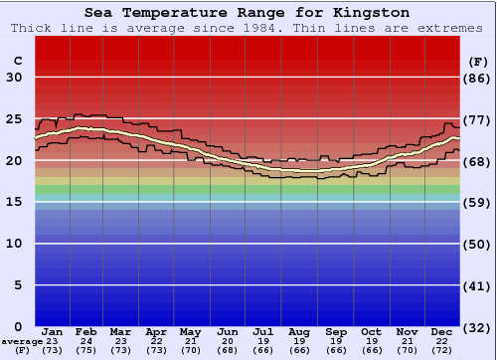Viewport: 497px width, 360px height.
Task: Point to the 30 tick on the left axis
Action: [14, 78]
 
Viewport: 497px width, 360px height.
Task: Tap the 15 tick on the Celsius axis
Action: [14, 202]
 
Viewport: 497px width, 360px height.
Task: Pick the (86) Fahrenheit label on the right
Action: [478, 78]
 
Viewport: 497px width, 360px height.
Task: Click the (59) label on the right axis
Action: [478, 202]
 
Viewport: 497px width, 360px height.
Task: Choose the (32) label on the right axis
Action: [478, 327]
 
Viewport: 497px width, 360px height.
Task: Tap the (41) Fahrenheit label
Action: [478, 285]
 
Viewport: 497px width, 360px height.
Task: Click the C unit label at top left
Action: [17, 60]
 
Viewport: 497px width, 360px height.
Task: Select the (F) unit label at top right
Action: [478, 60]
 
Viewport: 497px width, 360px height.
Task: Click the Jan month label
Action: [54, 331]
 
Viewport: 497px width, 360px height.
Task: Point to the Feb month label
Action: [87, 331]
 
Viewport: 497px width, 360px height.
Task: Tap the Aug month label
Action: [299, 331]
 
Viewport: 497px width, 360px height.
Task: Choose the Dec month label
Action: [442, 331]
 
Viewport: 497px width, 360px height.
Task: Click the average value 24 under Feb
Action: [87, 341]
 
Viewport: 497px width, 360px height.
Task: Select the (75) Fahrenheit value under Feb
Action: [87, 351]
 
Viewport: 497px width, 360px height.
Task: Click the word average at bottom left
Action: [22, 341]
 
